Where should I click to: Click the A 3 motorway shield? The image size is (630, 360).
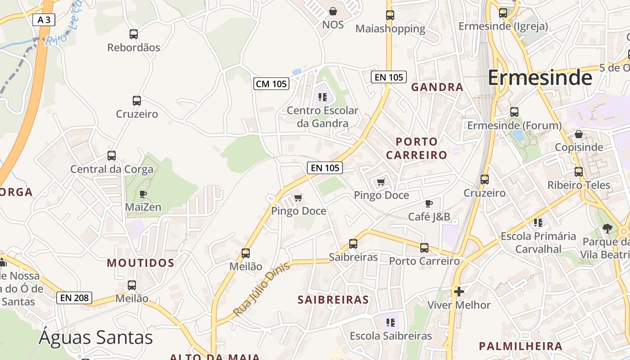44,20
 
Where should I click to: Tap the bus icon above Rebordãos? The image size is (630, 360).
134,34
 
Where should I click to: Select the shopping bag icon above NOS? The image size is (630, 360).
333,11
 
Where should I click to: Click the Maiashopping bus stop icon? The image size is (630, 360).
390,15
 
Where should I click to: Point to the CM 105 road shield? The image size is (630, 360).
271,84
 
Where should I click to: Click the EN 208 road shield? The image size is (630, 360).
74,297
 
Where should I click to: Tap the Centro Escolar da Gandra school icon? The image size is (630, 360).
322,97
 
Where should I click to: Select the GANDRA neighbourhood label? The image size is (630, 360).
437,87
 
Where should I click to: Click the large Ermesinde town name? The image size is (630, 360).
540,78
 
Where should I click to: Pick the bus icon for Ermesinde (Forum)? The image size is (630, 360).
514,112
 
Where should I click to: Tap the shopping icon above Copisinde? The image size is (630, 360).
579,134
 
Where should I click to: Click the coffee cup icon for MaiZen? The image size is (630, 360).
143,194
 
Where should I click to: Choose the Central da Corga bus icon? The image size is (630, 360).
112,156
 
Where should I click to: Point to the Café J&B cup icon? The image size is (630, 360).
429,203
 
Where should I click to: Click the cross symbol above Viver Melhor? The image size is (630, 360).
459,292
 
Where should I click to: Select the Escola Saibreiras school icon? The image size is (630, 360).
391,322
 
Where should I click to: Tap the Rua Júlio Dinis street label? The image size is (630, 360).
262,289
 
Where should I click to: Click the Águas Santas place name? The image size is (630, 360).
96,337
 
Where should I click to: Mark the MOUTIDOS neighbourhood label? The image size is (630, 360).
140,263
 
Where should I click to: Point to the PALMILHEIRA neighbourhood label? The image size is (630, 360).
521,346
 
